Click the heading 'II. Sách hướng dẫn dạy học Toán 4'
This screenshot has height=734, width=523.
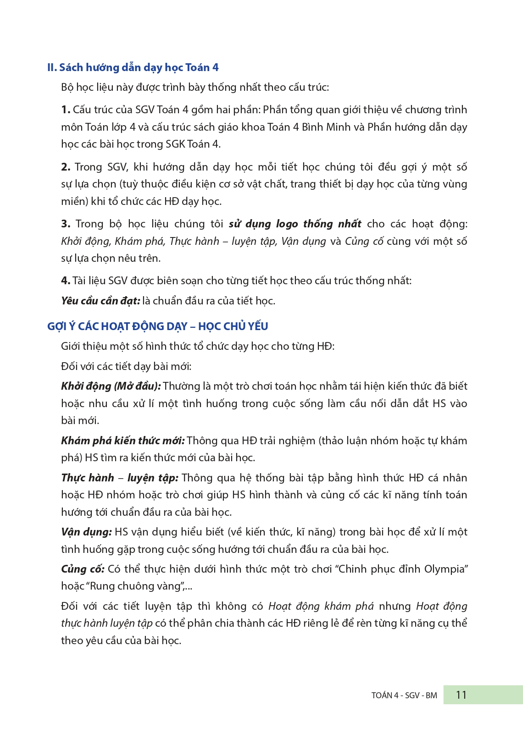(x=133, y=67)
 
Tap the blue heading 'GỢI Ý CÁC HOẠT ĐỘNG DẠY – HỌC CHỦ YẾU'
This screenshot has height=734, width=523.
(x=157, y=326)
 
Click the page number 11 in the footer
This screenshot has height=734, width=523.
(x=461, y=695)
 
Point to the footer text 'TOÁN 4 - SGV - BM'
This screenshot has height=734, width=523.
(x=404, y=695)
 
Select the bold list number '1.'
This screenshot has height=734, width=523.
(x=66, y=110)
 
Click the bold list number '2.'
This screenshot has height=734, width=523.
(x=66, y=167)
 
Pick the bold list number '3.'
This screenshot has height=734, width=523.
(x=66, y=224)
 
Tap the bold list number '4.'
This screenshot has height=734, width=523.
(x=66, y=281)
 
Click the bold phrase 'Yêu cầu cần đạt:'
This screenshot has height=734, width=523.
(x=100, y=301)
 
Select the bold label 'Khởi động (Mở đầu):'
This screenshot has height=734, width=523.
(x=111, y=386)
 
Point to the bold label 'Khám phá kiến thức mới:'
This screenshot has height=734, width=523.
(x=122, y=441)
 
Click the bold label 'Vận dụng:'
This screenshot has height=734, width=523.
(x=86, y=532)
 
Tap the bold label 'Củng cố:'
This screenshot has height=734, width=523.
(x=83, y=569)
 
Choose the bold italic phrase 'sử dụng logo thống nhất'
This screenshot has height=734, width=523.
(x=295, y=224)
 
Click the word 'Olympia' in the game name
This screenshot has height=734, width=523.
(x=445, y=569)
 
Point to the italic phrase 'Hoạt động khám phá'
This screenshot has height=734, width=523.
(x=321, y=606)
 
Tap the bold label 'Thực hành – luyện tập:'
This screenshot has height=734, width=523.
(x=119, y=478)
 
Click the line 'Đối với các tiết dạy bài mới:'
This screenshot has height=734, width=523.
(x=126, y=366)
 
